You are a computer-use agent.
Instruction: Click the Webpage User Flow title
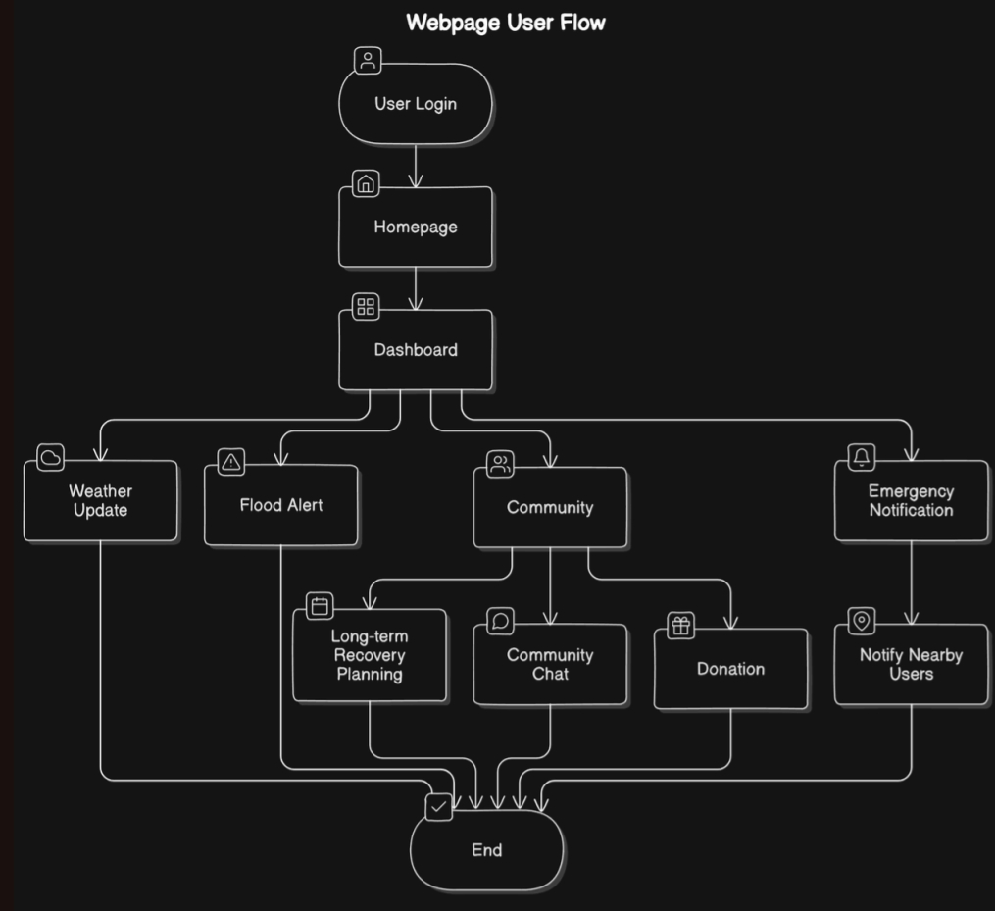click(x=506, y=23)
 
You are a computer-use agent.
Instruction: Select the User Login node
click(x=415, y=104)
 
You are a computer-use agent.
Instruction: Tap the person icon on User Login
click(x=368, y=61)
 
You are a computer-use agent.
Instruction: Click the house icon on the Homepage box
click(x=366, y=183)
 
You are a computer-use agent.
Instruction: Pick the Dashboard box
click(x=415, y=350)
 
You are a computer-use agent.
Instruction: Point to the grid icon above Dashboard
click(x=366, y=307)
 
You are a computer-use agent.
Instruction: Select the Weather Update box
click(x=101, y=500)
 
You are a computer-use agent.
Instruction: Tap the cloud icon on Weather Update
click(x=51, y=457)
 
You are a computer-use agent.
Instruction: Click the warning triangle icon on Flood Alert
click(x=231, y=462)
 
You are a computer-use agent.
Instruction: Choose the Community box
click(x=550, y=507)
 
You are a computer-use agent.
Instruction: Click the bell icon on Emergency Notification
click(x=862, y=457)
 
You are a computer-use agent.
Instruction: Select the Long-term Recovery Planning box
click(x=370, y=655)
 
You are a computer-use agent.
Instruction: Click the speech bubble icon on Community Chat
click(x=501, y=622)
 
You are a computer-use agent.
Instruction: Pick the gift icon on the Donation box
click(x=681, y=626)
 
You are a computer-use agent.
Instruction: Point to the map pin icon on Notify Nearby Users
click(x=862, y=621)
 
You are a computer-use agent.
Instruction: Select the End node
click(x=486, y=850)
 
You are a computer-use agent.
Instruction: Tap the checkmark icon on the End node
click(x=438, y=807)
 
